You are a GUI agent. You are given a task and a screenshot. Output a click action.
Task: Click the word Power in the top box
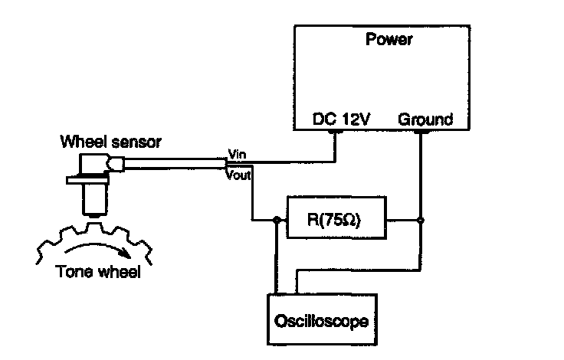coord(389,39)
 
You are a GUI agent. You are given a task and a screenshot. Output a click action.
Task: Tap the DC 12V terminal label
coord(341,119)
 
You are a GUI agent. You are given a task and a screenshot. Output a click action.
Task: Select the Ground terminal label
coord(425,119)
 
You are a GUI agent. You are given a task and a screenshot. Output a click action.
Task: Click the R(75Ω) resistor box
coord(336,218)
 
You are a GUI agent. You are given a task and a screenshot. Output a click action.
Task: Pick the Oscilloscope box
coord(322,319)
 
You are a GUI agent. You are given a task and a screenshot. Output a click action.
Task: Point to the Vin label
coord(238,154)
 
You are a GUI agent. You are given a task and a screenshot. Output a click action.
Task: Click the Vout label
coord(238,175)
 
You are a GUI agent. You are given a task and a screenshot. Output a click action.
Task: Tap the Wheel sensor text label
coord(111,142)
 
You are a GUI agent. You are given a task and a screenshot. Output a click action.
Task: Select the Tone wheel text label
coord(98,271)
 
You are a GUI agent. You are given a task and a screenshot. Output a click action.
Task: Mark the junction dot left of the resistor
coord(277,220)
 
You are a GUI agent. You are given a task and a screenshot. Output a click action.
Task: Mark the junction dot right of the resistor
coord(420,220)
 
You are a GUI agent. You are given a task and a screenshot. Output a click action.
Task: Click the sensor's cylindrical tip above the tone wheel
coord(95,201)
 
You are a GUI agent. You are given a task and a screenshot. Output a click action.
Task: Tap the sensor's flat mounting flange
coord(88,180)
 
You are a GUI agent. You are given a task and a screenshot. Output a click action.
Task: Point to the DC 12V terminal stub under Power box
coord(336,132)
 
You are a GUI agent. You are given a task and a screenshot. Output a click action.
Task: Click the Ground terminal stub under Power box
coord(421,132)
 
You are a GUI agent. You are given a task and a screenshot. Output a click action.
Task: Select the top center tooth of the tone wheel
coord(94,227)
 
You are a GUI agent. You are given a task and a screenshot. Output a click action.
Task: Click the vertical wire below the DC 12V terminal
coord(336,148)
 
